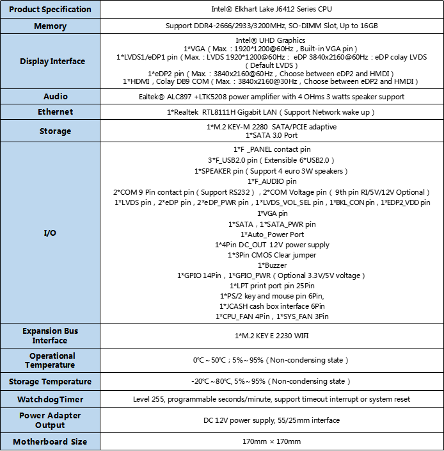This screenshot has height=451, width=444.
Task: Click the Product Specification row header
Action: pyautogui.click(x=51, y=10)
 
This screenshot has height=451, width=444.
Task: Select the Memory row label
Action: pyautogui.click(x=51, y=26)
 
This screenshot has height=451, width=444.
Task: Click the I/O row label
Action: pyautogui.click(x=50, y=233)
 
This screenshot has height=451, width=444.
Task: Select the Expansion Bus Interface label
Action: pyautogui.click(x=50, y=336)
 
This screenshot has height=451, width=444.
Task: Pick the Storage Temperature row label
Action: pyautogui.click(x=51, y=382)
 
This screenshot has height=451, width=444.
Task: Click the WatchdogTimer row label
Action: pyautogui.click(x=51, y=399)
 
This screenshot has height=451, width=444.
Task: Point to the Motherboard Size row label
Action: pyautogui.click(x=51, y=441)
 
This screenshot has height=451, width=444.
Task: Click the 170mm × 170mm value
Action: pyautogui.click(x=272, y=441)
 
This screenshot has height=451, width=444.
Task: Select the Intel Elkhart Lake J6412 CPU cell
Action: pyautogui.click(x=272, y=10)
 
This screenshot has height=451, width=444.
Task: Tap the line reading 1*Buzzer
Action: pyautogui.click(x=272, y=265)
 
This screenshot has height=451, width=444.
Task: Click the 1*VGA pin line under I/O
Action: pyautogui.click(x=272, y=213)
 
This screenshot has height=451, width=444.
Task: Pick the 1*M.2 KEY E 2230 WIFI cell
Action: pyautogui.click(x=272, y=336)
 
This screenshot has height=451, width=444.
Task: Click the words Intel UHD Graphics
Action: pyautogui.click(x=272, y=40)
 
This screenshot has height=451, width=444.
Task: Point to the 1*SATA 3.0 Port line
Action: pyautogui.click(x=272, y=136)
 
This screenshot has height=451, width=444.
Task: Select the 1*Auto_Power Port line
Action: pyautogui.click(x=272, y=234)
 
